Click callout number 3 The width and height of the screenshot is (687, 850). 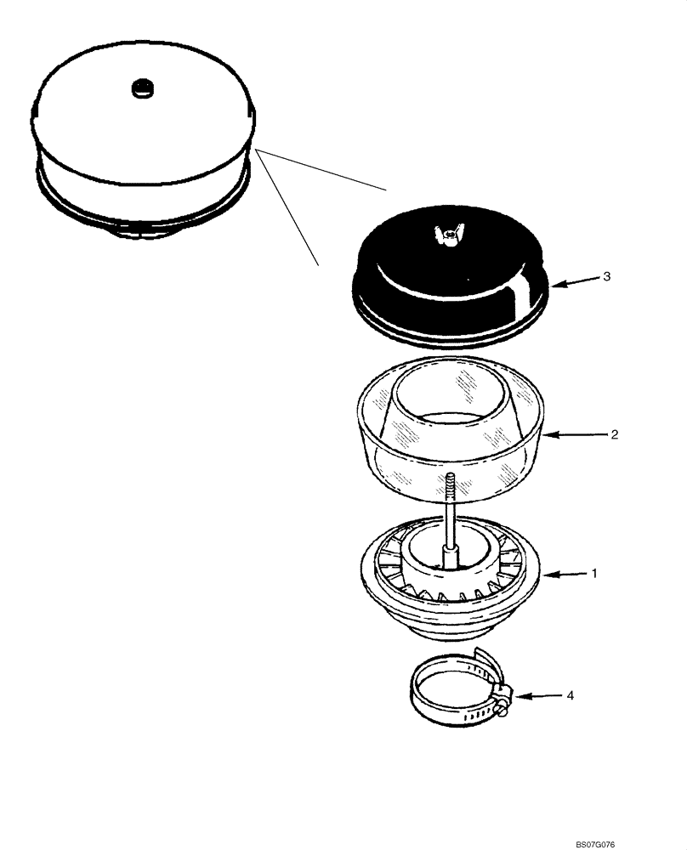[605, 277]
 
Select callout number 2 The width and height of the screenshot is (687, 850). [613, 433]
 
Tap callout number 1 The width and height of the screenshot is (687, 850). [594, 574]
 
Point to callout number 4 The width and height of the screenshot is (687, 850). [571, 695]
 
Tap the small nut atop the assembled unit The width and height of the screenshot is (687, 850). [142, 88]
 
